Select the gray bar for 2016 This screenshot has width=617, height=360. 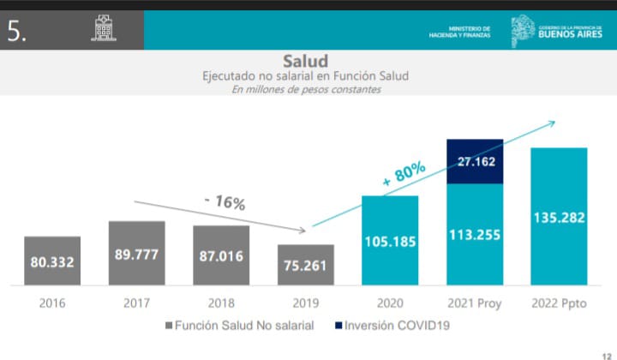tap(52, 261)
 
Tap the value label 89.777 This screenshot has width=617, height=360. tap(136, 254)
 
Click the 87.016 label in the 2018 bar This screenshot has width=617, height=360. tap(220, 255)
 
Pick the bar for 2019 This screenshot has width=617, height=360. tap(305, 265)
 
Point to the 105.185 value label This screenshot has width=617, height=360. tap(389, 241)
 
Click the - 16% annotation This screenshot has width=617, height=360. tap(225, 203)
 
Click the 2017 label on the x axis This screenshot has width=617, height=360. tap(136, 303)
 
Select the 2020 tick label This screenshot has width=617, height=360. tap(389, 303)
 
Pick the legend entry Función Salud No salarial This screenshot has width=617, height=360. tap(240, 326)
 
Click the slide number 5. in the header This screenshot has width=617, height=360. tap(18, 31)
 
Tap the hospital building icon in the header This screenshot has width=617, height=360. tap(103, 30)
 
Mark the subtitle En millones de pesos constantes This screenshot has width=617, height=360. tap(306, 89)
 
